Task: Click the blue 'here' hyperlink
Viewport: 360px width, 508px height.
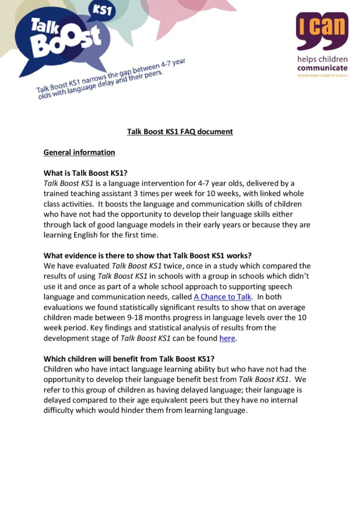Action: [227, 338]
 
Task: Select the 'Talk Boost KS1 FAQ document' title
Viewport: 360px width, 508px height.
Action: [180, 131]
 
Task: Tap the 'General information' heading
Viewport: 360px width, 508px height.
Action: [79, 152]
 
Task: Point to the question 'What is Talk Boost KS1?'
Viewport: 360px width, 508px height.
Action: [86, 173]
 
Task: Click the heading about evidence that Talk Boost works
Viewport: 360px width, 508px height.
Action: [148, 255]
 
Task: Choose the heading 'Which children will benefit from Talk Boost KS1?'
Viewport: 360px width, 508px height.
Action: [129, 359]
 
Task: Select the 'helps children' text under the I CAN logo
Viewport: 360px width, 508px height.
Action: [322, 59]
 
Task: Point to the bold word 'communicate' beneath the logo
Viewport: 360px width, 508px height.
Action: [322, 67]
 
